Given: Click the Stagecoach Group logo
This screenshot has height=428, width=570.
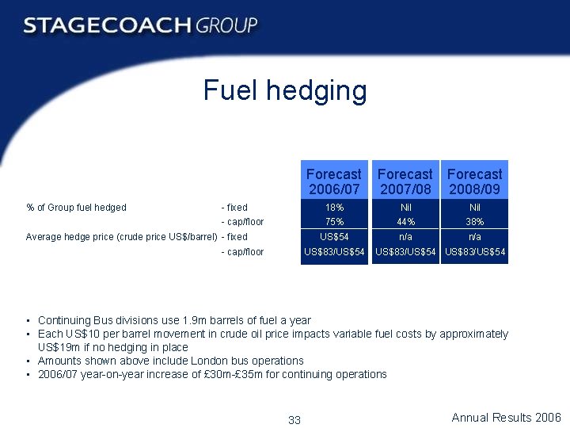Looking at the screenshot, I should (141, 25).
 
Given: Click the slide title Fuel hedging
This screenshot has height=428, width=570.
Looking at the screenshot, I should (285, 90).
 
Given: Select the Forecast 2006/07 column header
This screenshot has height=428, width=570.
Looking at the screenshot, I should (333, 182).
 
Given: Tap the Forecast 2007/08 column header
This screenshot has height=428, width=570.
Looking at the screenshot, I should (405, 182).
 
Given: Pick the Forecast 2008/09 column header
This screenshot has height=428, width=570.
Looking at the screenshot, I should (474, 182).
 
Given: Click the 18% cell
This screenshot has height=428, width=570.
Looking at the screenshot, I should (333, 208).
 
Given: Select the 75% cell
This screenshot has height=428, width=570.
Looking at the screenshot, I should (333, 222).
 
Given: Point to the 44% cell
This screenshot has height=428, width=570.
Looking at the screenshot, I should (405, 222).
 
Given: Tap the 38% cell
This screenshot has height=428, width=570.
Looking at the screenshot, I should (474, 222).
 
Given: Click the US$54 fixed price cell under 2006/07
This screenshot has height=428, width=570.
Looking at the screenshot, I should (333, 236).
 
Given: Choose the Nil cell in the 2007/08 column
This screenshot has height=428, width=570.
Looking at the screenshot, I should (405, 208).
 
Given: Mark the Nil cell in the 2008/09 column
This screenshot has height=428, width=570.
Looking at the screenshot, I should (474, 208).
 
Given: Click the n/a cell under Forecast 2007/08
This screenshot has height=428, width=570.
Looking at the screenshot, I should (405, 236).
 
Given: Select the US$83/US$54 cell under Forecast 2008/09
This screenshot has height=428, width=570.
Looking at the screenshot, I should (474, 252).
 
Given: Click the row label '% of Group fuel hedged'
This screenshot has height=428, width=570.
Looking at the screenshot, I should (76, 208).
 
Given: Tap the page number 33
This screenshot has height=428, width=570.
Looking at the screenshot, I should (294, 420).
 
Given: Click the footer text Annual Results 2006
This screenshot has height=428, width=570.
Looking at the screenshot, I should (506, 418).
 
